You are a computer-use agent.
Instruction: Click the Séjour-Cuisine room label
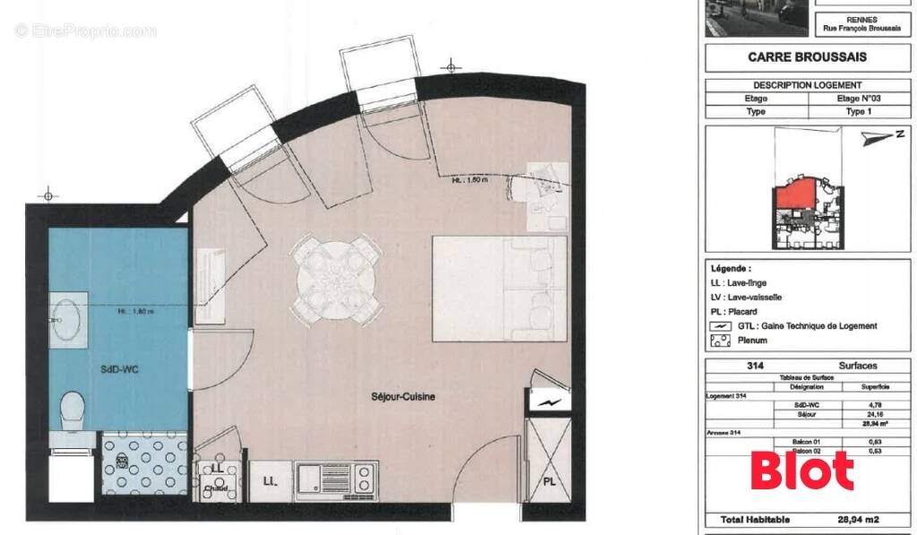(x=405, y=396)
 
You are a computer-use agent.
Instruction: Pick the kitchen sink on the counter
(x=313, y=480)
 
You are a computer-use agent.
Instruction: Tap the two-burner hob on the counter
(x=364, y=480)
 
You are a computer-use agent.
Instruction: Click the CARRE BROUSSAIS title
(x=807, y=56)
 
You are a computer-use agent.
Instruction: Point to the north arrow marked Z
(x=887, y=137)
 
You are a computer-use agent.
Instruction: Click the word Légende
(x=731, y=268)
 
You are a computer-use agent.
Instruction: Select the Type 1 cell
(x=856, y=112)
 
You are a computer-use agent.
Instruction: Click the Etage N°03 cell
(x=856, y=99)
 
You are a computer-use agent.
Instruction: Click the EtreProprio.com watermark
(x=86, y=31)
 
